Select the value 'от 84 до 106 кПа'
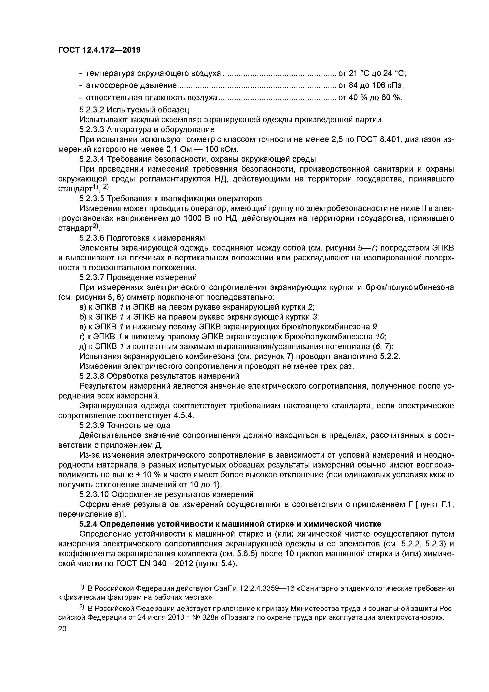(371, 86)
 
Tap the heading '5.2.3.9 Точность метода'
(125, 425)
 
